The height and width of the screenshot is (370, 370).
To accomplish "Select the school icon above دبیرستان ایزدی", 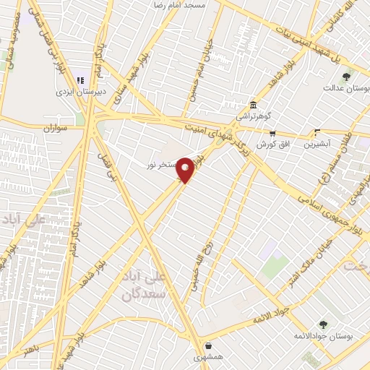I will click(80, 80).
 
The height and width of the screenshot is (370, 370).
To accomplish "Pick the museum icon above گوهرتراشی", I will click(252, 104).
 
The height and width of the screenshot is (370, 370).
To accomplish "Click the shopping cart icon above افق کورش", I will click(272, 133).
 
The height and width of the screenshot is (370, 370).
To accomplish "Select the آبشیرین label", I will click(317, 143).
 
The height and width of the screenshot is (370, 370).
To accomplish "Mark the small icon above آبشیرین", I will click(317, 132).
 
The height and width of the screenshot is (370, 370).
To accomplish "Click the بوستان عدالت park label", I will click(347, 88).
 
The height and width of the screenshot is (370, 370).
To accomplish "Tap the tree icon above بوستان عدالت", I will click(347, 76).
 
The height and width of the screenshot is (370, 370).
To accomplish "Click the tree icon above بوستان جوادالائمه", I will click(323, 325).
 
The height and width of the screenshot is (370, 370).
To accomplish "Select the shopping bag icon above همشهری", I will click(208, 345).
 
